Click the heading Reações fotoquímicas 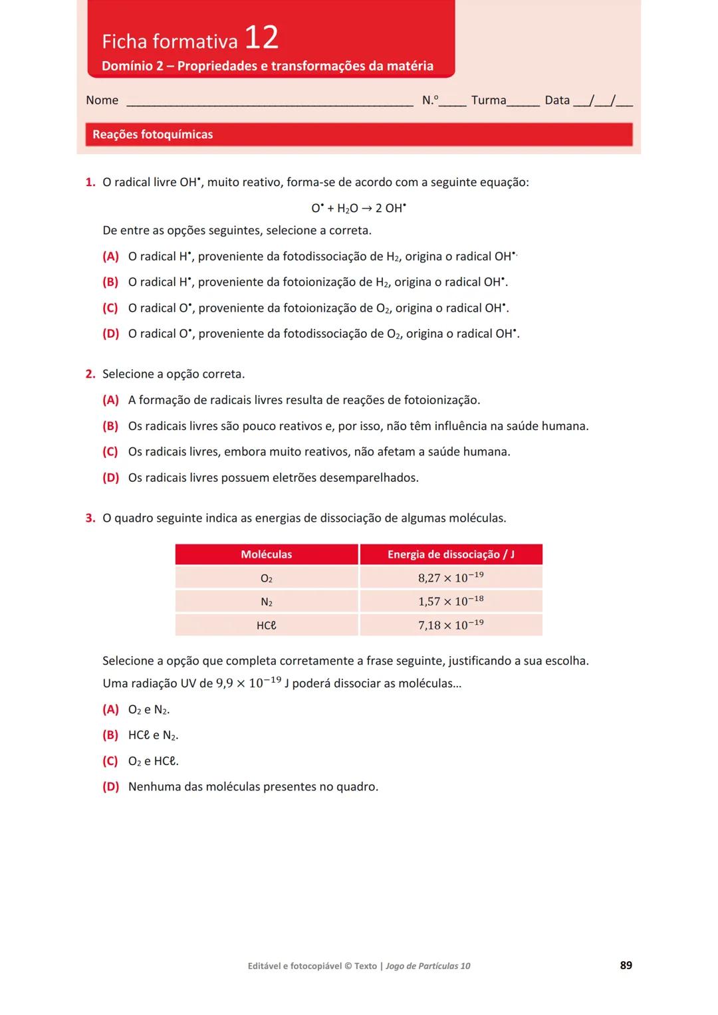click(x=152, y=134)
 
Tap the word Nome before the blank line click(x=102, y=100)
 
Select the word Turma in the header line click(x=488, y=100)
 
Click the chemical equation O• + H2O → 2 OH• click(x=358, y=208)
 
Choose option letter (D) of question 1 click(x=110, y=334)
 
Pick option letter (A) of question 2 click(x=110, y=400)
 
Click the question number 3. click(x=90, y=518)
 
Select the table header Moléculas click(x=266, y=554)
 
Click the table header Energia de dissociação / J click(x=451, y=554)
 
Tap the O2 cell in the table click(x=266, y=578)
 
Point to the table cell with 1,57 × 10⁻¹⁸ click(x=451, y=602)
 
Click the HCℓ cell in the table click(x=266, y=625)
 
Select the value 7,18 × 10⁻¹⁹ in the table click(x=451, y=625)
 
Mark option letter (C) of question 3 click(x=110, y=761)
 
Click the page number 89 click(x=626, y=965)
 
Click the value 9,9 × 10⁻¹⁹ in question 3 click(x=249, y=683)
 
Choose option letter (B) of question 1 click(x=110, y=282)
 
